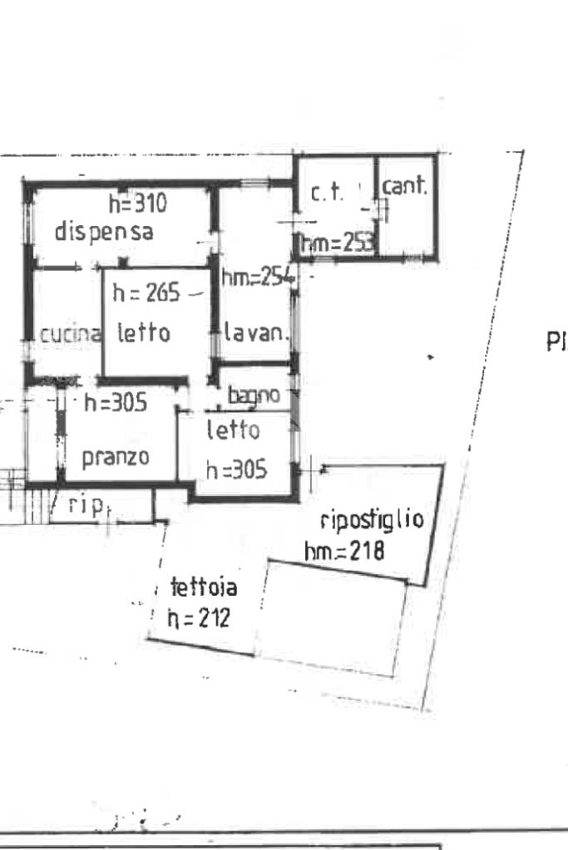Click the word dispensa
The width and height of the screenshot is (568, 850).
click(104, 232)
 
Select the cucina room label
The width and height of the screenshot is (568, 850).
click(71, 335)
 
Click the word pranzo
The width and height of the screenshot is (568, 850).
click(116, 456)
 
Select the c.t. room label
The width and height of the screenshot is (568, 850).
click(322, 194)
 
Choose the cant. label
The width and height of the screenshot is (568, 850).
click(404, 187)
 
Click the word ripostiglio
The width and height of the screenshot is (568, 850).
click(372, 521)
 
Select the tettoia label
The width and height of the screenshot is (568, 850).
click(204, 588)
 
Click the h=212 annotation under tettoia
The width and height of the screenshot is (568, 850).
click(198, 619)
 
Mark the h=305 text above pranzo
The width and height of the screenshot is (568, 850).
click(116, 404)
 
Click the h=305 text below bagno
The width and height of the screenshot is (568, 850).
click(236, 469)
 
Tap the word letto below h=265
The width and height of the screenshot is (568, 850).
click(143, 334)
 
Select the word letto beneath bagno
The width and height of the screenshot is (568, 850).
click(233, 431)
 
